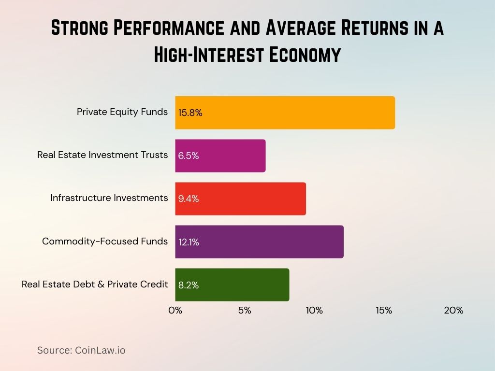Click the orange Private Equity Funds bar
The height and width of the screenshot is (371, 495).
point(285,113)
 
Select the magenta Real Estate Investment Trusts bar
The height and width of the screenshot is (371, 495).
point(220,156)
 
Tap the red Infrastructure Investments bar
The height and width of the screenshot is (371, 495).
point(240,199)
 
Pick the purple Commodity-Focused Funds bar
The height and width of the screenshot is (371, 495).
point(259,242)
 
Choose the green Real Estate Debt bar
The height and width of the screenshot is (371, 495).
point(232,285)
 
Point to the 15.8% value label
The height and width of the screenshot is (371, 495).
point(190,113)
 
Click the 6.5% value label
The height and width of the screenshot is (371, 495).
point(189,156)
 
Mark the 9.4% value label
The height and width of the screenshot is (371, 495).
point(189,199)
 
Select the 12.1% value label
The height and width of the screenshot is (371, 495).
point(189,242)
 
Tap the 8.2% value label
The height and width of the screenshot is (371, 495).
point(189,285)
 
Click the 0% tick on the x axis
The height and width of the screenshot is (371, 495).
point(175,310)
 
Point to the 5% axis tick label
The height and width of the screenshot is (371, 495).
point(245,310)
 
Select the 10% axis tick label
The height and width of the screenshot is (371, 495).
point(314,310)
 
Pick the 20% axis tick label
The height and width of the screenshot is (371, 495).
point(453,310)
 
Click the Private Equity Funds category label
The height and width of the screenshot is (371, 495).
point(122,112)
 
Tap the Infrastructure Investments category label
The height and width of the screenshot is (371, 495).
point(109,198)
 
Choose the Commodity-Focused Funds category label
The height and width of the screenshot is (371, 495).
point(105,241)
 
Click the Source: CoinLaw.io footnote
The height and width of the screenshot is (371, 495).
point(81,350)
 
